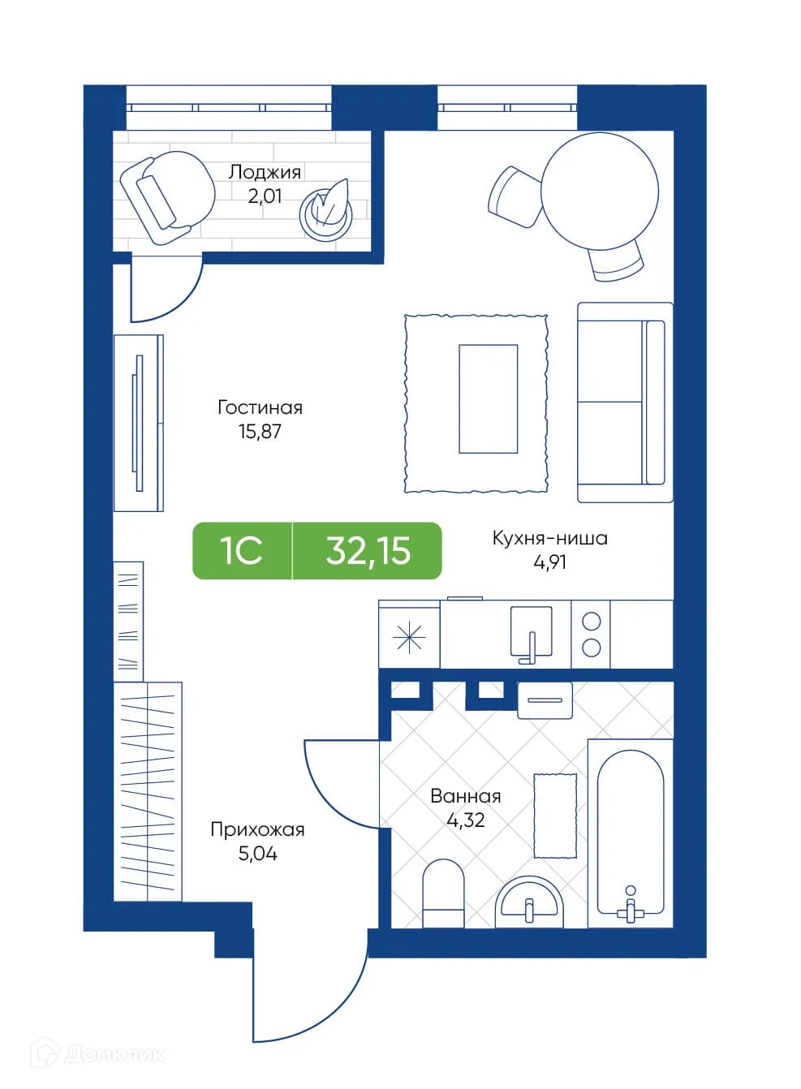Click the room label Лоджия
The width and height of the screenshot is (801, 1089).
pos(265,172)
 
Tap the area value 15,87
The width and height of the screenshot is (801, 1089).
pos(260,432)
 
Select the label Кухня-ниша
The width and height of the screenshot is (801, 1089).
pos(549,538)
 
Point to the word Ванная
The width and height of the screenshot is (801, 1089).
pos(465,796)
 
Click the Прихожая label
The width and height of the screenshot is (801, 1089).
pos(257,829)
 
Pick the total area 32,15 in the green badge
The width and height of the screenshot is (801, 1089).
pos(368,551)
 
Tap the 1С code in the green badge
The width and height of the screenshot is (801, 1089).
pos(241,551)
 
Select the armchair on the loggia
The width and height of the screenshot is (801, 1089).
pos(166,197)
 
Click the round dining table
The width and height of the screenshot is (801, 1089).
pos(600,192)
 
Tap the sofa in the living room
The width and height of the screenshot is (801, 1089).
pos(624,402)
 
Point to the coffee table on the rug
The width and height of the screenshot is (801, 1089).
pos(488,398)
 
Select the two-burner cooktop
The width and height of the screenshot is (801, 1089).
pos(591,634)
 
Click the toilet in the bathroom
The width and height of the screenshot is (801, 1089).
pos(443,893)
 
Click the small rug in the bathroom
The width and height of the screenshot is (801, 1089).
pos(555,816)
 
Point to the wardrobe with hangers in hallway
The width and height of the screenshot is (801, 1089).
pos(148,791)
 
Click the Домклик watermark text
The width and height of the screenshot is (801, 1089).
pos(114,1054)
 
